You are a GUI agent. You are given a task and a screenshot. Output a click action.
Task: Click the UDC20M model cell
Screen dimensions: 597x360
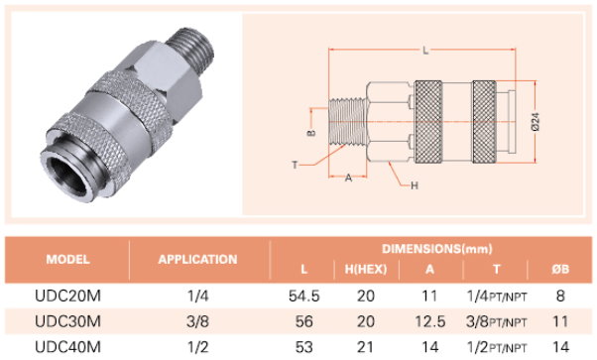tap(67, 296)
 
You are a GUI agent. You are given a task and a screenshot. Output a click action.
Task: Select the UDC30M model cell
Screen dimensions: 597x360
tap(67, 321)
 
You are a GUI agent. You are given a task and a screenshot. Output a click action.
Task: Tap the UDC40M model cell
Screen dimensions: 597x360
tap(67, 347)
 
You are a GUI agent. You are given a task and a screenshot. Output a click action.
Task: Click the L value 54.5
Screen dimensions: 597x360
tap(303, 296)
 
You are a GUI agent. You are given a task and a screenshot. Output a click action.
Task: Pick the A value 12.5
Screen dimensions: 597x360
tap(429, 321)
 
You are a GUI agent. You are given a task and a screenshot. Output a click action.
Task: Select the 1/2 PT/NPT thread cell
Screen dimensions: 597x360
tap(497, 347)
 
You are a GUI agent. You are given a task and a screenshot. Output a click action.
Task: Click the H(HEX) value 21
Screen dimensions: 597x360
tap(366, 347)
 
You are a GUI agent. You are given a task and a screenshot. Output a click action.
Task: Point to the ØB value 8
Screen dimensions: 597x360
tap(560, 296)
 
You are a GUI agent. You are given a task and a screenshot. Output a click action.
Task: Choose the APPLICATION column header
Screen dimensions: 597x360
tap(197, 260)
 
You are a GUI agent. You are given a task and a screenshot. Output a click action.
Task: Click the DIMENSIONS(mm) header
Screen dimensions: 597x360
tap(437, 249)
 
